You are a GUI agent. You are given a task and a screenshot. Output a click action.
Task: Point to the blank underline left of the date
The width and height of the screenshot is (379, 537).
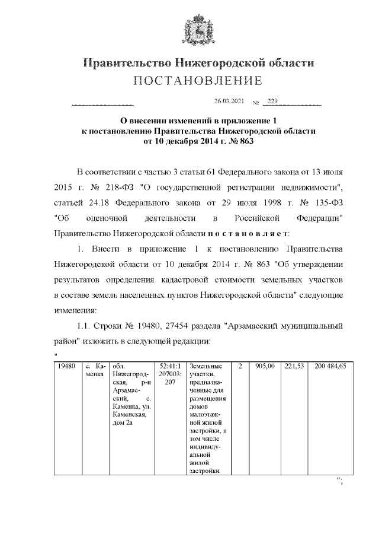click(102, 105)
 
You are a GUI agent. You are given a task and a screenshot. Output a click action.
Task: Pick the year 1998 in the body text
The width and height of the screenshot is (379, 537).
click(256, 203)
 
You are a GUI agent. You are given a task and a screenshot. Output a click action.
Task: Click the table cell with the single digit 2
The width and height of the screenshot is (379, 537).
click(240, 367)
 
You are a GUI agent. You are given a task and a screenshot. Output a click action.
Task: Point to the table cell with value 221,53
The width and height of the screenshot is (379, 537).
click(294, 367)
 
